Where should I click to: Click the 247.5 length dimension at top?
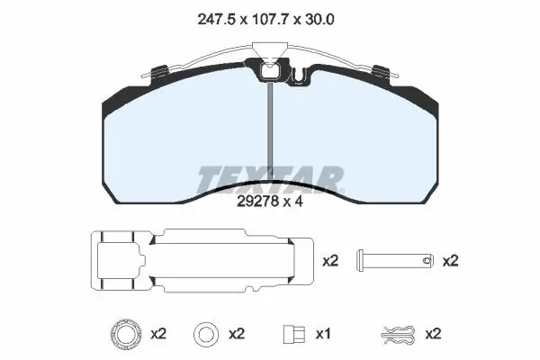pyautogui.click(x=216, y=19)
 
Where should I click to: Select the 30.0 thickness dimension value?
pyautogui.click(x=319, y=19)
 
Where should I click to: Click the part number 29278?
pyautogui.click(x=257, y=202)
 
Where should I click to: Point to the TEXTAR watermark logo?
pyautogui.click(x=271, y=179)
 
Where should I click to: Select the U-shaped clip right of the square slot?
pyautogui.click(x=299, y=76)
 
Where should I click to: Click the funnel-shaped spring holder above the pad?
pyautogui.click(x=270, y=49)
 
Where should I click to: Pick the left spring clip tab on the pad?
pyautogui.click(x=159, y=71)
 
